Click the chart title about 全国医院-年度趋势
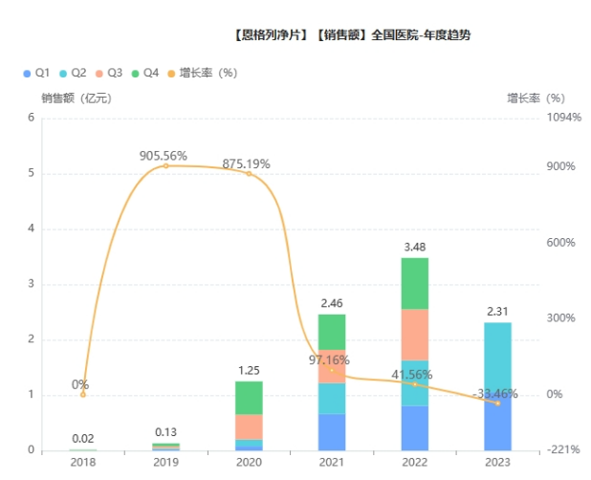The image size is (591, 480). click(x=351, y=36)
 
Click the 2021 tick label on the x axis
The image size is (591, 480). click(x=331, y=462)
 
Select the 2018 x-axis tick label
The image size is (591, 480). click(x=83, y=462)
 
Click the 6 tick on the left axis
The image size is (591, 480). click(x=31, y=119)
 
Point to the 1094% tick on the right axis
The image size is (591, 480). click(x=562, y=119)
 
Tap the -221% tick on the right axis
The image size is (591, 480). click(x=563, y=450)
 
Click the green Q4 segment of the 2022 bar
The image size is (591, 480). click(x=414, y=283)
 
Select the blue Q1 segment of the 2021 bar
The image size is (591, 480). click(x=331, y=431)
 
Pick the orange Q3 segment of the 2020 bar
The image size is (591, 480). click(x=249, y=426)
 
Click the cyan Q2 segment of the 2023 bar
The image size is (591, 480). click(x=497, y=354)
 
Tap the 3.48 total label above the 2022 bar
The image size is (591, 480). click(x=414, y=247)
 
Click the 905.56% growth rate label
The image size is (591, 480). click(x=163, y=155)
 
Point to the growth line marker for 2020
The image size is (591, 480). click(x=249, y=173)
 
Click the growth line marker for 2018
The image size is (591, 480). click(x=83, y=394)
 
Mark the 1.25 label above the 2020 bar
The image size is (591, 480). click(x=249, y=370)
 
